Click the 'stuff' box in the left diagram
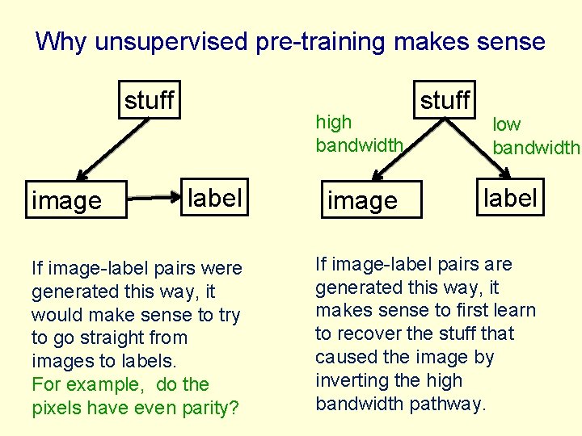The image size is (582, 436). (149, 99)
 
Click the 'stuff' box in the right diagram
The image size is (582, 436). (445, 99)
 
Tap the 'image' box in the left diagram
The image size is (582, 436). (67, 200)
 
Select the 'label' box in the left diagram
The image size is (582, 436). (214, 197)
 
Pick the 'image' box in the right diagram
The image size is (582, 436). (362, 200)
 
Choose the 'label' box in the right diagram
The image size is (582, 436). (510, 197)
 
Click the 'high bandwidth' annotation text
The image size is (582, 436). (358, 133)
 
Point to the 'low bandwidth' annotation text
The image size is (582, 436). (535, 136)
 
